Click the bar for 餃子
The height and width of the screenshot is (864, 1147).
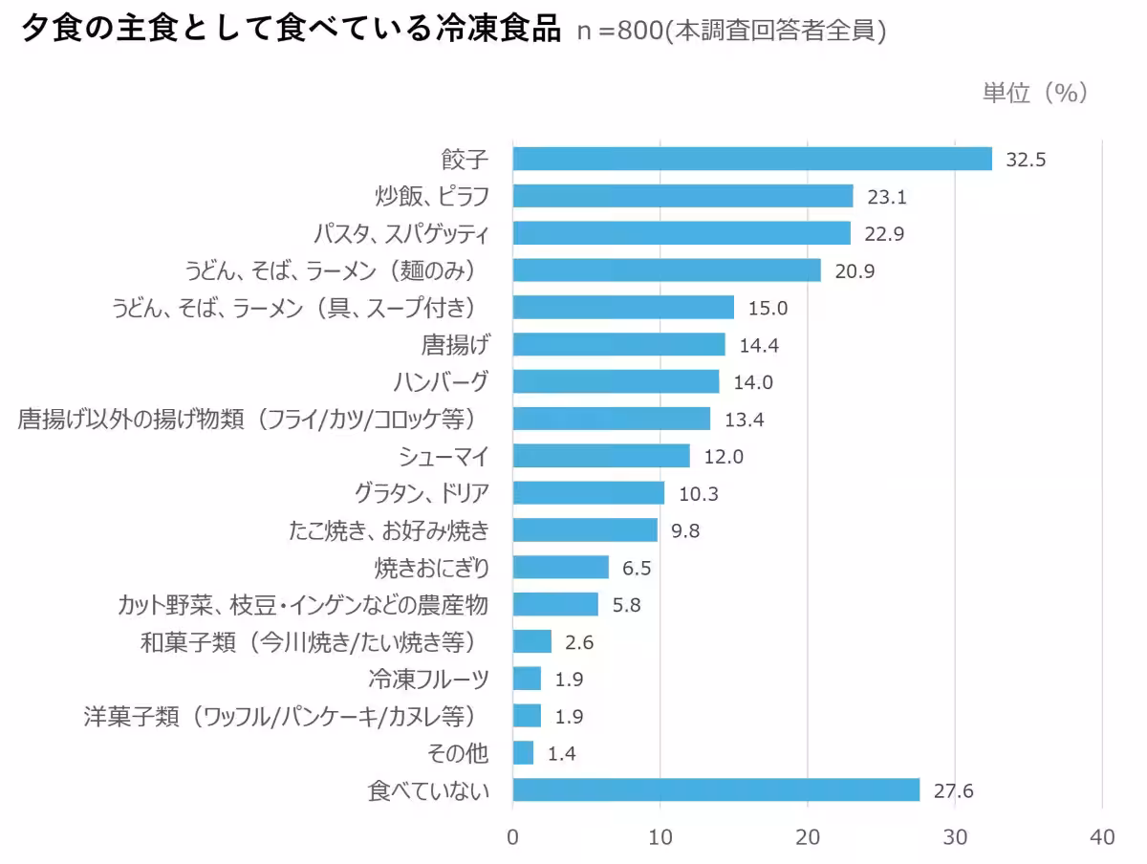[x=752, y=159]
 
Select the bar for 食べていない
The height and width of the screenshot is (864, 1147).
[x=716, y=790]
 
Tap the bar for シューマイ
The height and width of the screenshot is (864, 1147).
[x=601, y=456]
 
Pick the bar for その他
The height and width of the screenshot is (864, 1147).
[x=524, y=753]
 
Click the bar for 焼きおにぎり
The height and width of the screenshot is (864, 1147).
[x=561, y=568]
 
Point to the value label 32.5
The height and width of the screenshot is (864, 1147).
[x=1027, y=160]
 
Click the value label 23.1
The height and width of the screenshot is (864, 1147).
[x=886, y=197]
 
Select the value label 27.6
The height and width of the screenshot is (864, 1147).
[x=953, y=791]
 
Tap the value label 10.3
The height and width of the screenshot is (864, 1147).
[x=698, y=494]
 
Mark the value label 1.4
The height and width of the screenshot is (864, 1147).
[x=562, y=754]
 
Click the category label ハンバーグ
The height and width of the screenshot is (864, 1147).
[x=442, y=381]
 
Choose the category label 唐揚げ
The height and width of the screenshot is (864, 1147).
[x=455, y=344]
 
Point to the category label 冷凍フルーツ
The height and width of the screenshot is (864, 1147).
[x=429, y=680]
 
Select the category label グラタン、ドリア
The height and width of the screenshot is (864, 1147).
[x=422, y=493]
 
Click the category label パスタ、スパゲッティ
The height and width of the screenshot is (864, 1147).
[x=401, y=233]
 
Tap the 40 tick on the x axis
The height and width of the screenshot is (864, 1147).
[x=1102, y=837]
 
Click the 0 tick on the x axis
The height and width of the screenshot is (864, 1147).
[x=513, y=837]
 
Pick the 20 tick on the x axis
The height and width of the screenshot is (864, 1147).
[x=808, y=837]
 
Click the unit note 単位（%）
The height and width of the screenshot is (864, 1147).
[x=1036, y=93]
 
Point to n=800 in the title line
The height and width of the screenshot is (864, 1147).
[x=619, y=31]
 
